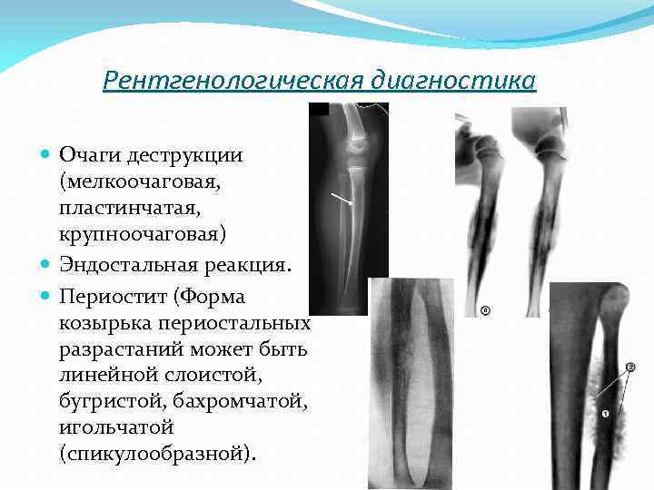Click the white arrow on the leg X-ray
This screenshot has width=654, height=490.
click(342, 200)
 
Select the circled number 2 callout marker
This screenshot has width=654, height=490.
click(630, 367)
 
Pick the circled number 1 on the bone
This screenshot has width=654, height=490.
click(605, 414)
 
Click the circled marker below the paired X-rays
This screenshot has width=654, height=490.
click(485, 311)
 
